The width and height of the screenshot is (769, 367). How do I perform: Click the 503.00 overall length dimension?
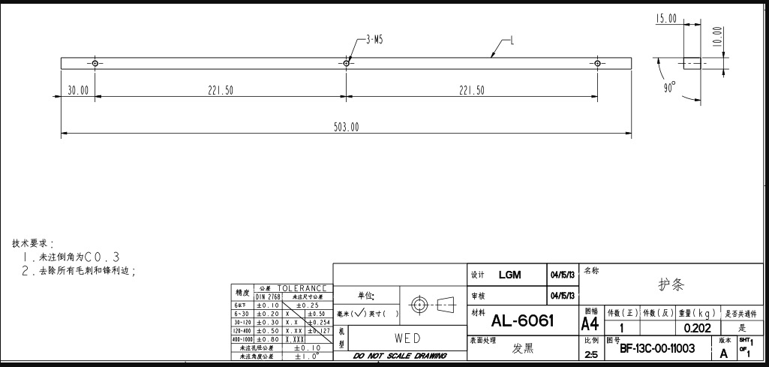tap(346, 128)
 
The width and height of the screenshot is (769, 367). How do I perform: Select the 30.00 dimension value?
tap(78, 90)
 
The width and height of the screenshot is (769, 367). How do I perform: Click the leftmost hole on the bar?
tap(95, 63)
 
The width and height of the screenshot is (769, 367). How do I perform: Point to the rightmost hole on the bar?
tap(596, 63)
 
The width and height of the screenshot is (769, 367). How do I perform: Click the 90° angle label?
tap(669, 87)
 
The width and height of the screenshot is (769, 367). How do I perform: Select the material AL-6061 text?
tap(522, 322)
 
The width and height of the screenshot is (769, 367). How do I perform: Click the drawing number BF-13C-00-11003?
tap(656, 348)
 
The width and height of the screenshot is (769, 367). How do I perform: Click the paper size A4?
tap(590, 323)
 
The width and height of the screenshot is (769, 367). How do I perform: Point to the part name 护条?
tap(671, 285)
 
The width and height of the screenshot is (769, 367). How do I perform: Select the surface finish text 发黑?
tap(523, 348)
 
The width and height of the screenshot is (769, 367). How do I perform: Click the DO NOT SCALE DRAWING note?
tap(400, 356)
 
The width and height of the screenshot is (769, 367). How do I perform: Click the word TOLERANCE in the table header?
tap(302, 288)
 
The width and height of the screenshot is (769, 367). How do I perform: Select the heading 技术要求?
tap(32, 244)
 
